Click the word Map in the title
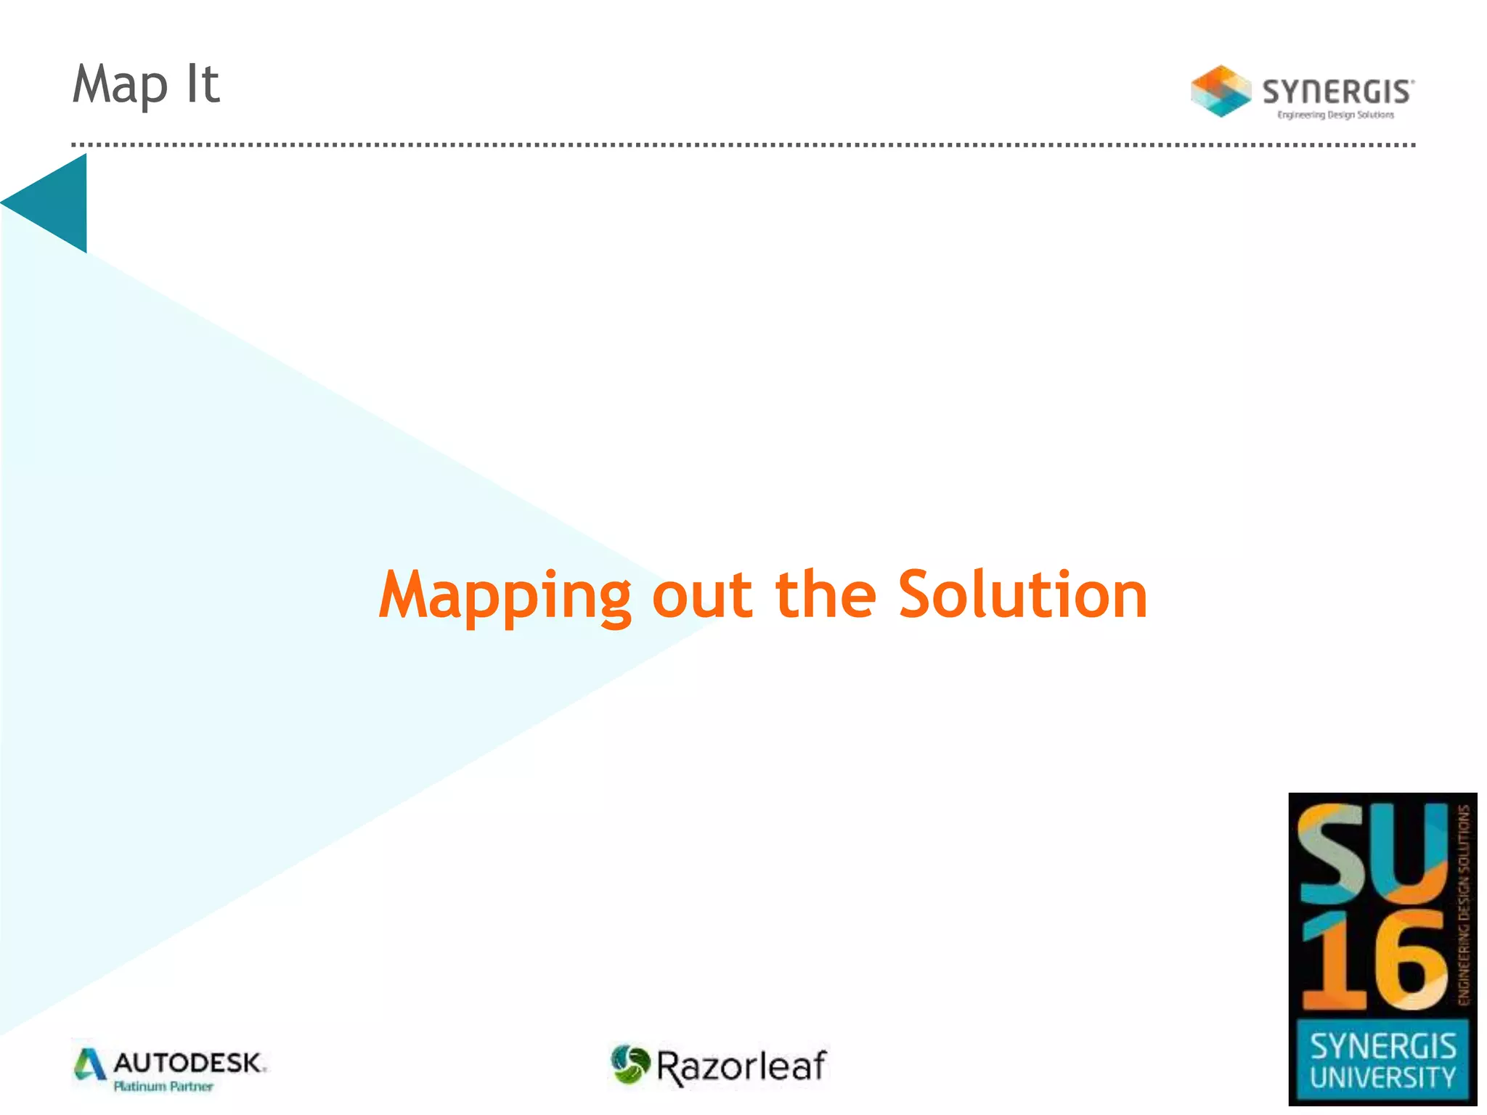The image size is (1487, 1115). pos(120,86)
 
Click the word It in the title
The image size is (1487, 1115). pos(203,84)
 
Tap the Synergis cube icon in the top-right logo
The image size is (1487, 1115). pos(1221,91)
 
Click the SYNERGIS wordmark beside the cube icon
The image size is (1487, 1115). pos(1337,92)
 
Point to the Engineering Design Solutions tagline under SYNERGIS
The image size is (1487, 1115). pos(1335,115)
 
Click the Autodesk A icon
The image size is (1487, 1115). pos(90,1065)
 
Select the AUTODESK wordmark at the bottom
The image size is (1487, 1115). pos(189,1063)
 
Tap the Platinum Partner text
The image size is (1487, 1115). pos(163,1087)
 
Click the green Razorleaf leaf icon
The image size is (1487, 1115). pos(630,1064)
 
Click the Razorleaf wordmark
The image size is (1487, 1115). pos(741,1066)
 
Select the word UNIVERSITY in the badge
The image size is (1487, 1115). pos(1382,1077)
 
